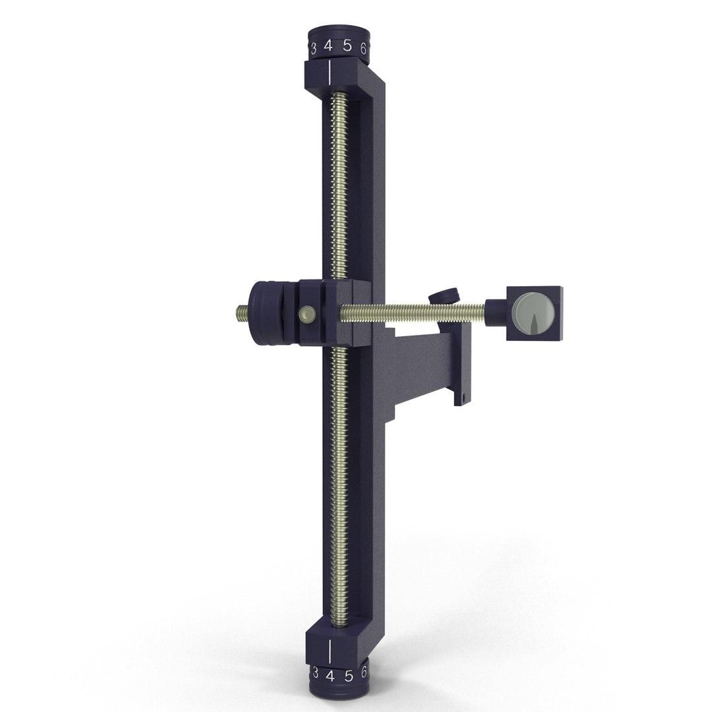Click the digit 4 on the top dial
click(328, 47)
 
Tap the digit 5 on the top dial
click(347, 47)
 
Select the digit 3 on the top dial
click(313, 48)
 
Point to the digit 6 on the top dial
click(363, 48)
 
